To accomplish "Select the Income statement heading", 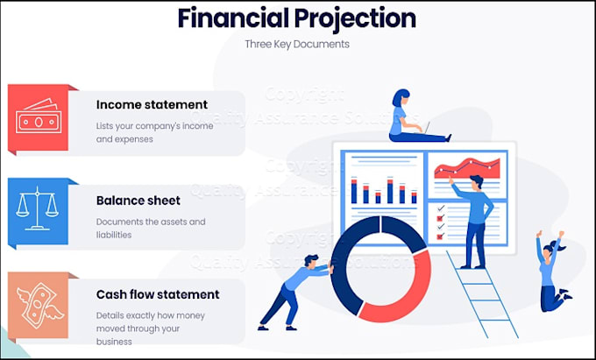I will (152, 105).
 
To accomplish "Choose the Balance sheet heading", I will (139, 201).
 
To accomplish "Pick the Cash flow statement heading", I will (158, 294).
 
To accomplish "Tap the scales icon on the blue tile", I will (37, 211).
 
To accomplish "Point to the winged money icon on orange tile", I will (37, 306).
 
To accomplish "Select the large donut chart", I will (380, 267).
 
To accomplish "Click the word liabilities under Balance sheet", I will (114, 235).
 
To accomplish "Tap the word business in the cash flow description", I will (115, 342).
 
